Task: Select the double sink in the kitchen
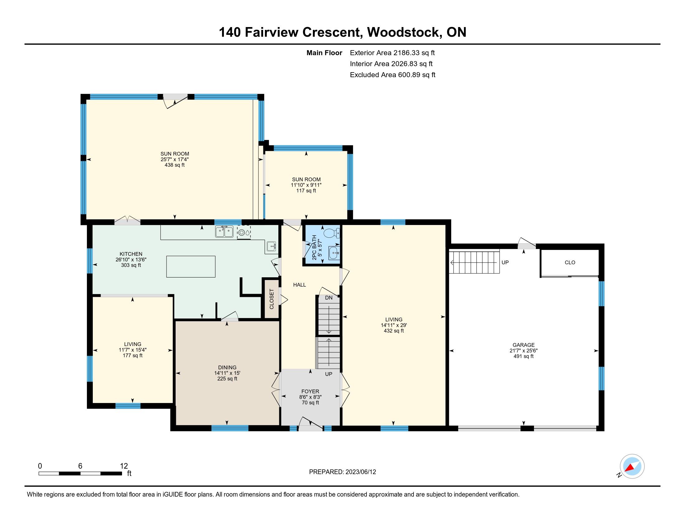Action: point(224,232)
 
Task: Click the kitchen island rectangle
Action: point(191,267)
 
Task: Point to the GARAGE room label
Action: point(523,345)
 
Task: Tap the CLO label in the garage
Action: point(570,263)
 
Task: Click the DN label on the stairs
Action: point(329,298)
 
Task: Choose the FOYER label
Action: point(310,391)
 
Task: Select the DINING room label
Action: point(227,367)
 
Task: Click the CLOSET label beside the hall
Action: point(272,299)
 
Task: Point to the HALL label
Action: point(300,285)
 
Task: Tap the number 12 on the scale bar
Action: point(124,466)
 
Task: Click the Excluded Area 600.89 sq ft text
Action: point(393,75)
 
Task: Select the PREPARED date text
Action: point(342,472)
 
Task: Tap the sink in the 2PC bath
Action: point(334,253)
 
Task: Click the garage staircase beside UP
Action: point(474,262)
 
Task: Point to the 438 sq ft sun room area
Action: point(175,165)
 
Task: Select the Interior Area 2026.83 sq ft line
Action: point(391,64)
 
